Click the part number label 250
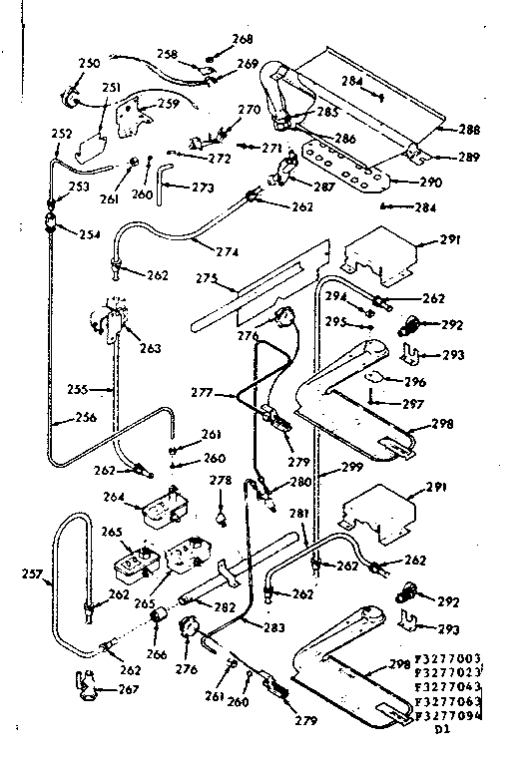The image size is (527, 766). (89, 63)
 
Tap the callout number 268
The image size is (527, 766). (243, 40)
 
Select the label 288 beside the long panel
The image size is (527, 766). (468, 130)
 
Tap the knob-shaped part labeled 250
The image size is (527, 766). (70, 98)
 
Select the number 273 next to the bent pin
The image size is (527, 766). (203, 187)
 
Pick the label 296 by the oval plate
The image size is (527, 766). (414, 382)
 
